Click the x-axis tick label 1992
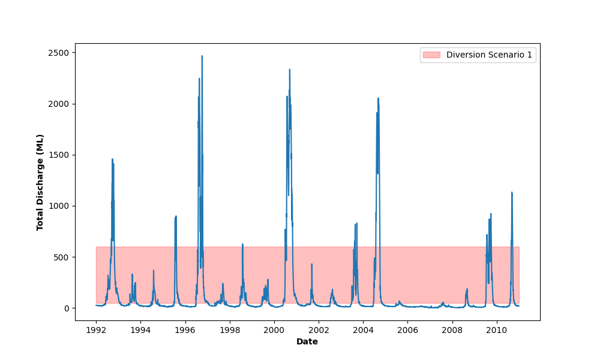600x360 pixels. point(96,330)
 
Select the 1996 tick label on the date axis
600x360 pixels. point(185,330)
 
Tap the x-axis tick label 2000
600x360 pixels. point(274,330)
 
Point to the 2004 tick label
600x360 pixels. point(364,330)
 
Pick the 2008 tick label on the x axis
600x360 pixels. point(452,330)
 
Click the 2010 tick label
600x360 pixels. point(497,330)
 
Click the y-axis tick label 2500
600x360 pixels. point(59,53)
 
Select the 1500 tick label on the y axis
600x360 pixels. point(59,155)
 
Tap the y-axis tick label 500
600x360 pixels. point(61,257)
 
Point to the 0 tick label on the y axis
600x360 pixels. point(67,308)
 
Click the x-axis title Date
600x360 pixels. point(307,341)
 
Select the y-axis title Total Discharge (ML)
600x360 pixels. point(40,182)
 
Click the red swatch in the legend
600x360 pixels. point(431,55)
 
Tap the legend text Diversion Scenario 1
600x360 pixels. point(489,55)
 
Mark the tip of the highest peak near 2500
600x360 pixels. point(202,56)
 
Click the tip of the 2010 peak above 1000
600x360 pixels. point(512,193)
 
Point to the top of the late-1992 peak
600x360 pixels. point(112,159)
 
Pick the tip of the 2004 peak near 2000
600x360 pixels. point(378,98)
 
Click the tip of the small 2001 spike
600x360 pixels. point(311,264)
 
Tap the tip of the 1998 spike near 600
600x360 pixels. point(242,244)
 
